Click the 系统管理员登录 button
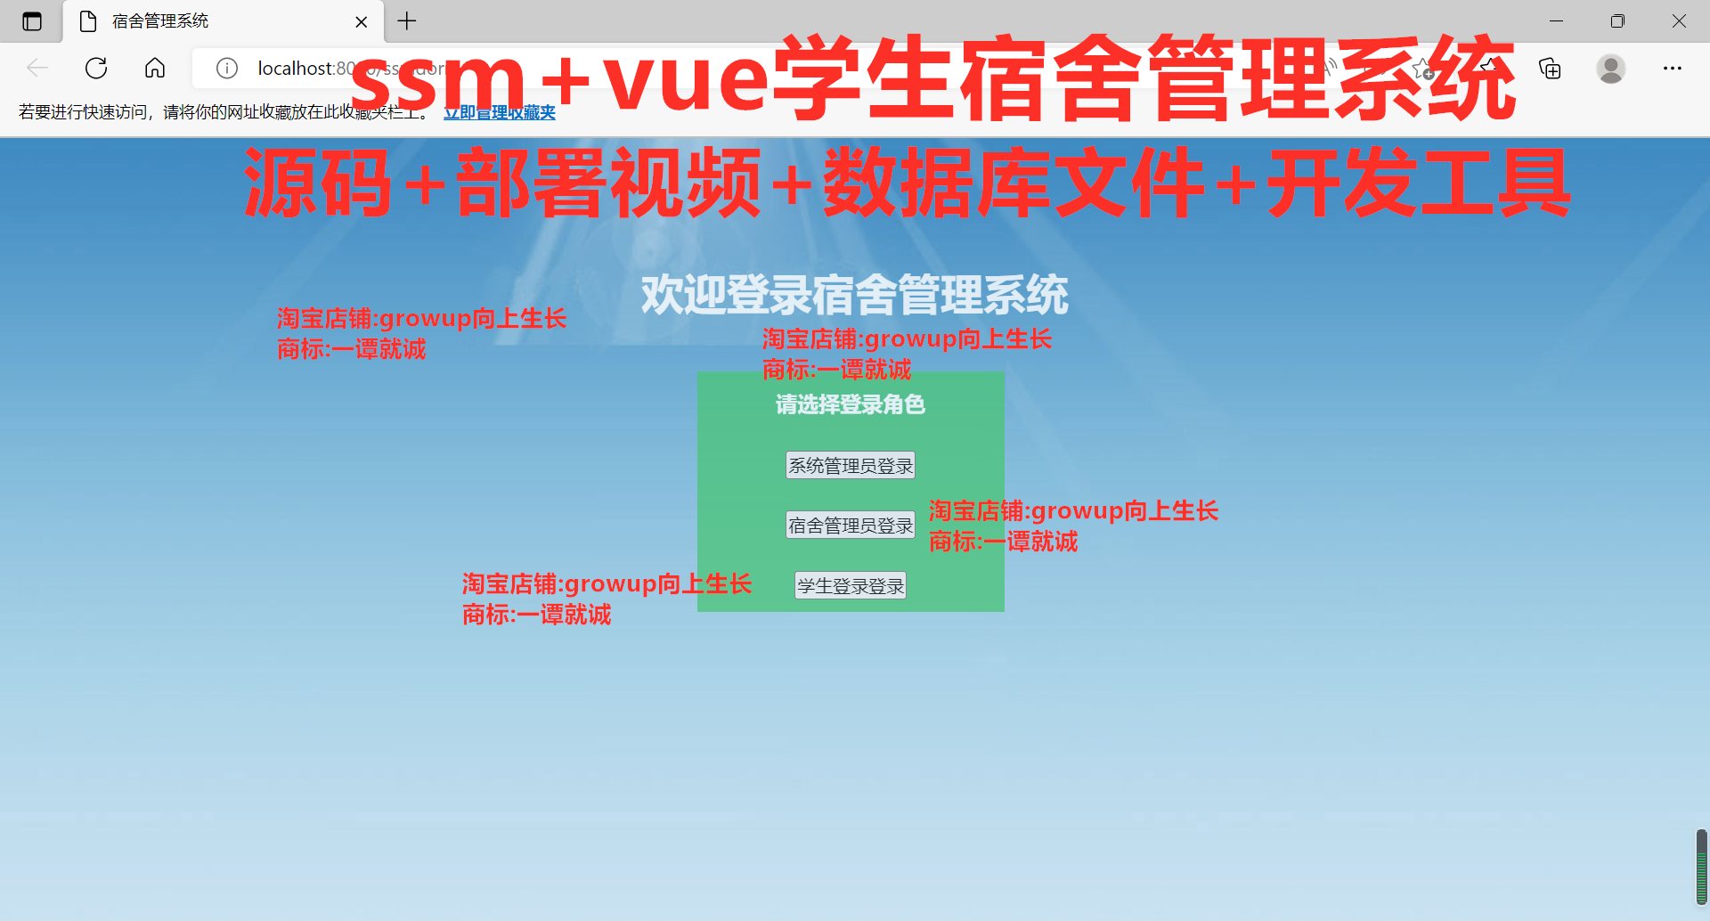click(x=850, y=466)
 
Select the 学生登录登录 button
click(x=850, y=586)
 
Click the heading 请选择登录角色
click(x=850, y=405)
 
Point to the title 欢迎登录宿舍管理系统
click(x=854, y=295)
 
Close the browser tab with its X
click(x=362, y=21)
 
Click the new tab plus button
click(x=407, y=21)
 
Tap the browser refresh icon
click(x=96, y=68)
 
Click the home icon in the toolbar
click(x=155, y=68)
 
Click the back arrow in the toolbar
click(x=37, y=68)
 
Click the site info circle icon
click(x=227, y=68)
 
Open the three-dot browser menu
click(x=1672, y=68)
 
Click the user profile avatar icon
click(x=1610, y=68)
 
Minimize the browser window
click(x=1556, y=21)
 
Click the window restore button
click(x=1617, y=21)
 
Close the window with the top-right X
click(x=1678, y=21)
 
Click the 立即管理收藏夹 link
click(x=500, y=112)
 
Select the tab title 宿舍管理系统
click(x=160, y=21)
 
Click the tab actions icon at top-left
click(x=32, y=21)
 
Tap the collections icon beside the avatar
click(x=1550, y=68)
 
